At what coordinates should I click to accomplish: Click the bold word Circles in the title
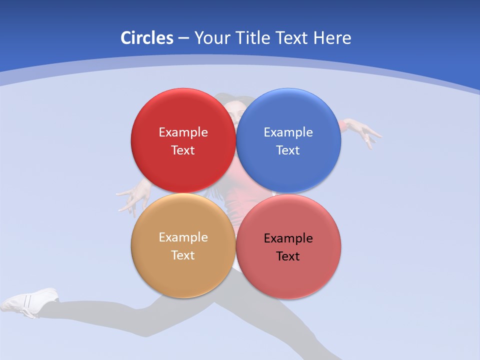[146, 38]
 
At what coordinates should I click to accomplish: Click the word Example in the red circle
[183, 132]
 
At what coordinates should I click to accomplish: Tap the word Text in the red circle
[183, 150]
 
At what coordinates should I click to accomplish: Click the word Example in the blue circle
[288, 132]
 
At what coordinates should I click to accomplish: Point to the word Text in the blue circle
[288, 150]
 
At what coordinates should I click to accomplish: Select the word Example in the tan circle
[183, 237]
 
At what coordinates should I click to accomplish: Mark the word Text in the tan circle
[183, 255]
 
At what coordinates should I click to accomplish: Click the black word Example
[288, 238]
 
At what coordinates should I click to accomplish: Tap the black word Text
[288, 256]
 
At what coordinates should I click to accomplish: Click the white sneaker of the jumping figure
[30, 301]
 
